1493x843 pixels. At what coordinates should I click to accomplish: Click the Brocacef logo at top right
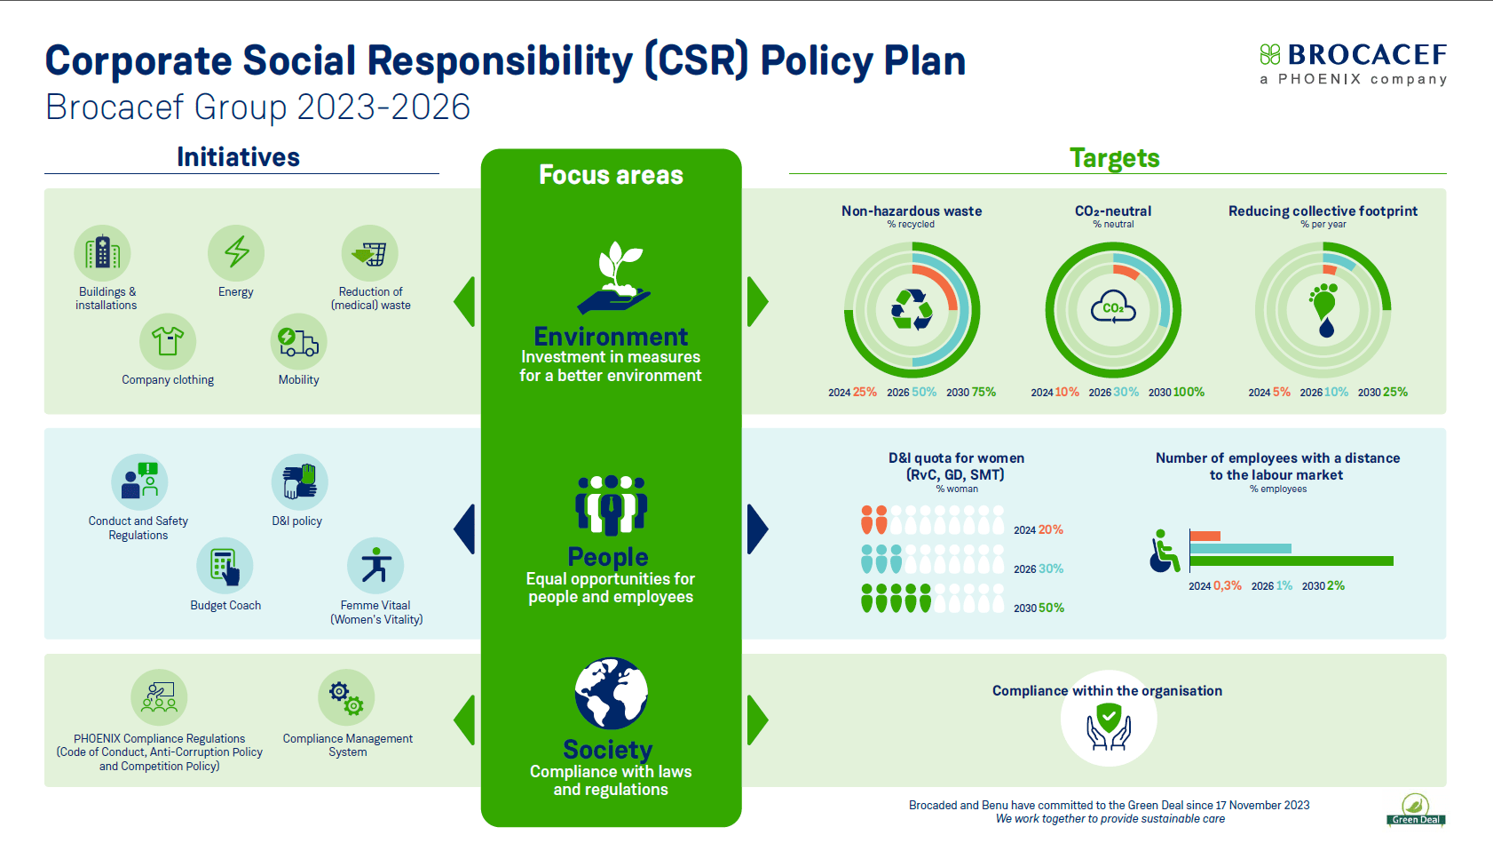click(1353, 62)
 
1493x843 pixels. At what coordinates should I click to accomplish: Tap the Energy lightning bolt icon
click(236, 252)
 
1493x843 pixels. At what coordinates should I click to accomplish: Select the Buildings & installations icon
click(102, 252)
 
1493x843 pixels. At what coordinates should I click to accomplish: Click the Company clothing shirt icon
click(168, 341)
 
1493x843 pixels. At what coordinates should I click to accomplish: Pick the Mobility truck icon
click(298, 341)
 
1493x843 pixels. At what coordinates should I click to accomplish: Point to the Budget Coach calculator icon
click(225, 566)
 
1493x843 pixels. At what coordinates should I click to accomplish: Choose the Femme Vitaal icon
click(375, 566)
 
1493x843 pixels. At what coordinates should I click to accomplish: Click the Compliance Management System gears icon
click(346, 697)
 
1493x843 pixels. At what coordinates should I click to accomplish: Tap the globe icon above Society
click(611, 694)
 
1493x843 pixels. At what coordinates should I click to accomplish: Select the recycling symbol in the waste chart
click(912, 310)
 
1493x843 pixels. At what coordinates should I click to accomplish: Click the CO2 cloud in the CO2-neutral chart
click(1113, 308)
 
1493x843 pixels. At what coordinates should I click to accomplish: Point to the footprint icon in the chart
click(1323, 309)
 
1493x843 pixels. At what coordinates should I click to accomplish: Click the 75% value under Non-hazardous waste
click(983, 392)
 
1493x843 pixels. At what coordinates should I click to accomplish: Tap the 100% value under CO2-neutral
click(1189, 392)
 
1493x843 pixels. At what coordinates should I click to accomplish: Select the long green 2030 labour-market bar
click(1292, 561)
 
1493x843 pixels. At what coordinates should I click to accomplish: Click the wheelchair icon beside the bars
click(1164, 552)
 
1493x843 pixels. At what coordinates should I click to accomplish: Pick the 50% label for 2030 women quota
click(1051, 608)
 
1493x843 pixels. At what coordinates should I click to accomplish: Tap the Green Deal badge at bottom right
click(1416, 810)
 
